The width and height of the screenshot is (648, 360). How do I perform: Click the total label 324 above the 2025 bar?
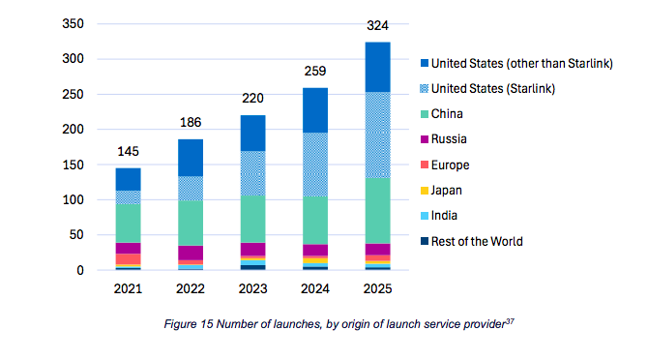click(x=377, y=25)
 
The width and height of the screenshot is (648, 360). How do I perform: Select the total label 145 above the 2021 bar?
click(x=128, y=151)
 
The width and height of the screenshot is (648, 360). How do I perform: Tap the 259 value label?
click(x=315, y=71)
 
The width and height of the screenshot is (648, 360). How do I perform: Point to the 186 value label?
click(x=191, y=122)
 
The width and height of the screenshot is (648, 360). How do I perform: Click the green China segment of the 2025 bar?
click(x=378, y=211)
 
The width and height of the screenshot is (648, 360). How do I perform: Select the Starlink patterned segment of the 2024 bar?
click(x=315, y=165)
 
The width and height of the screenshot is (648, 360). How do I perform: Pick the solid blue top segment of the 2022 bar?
click(x=191, y=158)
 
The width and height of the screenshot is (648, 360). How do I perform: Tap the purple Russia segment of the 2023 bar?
click(x=253, y=250)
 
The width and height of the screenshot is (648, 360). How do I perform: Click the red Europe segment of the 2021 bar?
click(x=128, y=259)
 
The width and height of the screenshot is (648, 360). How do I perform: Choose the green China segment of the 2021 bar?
click(x=128, y=224)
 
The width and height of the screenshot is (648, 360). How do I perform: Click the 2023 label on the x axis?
click(x=253, y=288)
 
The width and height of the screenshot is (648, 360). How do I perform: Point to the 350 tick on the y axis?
click(x=74, y=23)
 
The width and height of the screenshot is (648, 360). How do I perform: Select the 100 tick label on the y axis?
click(x=74, y=199)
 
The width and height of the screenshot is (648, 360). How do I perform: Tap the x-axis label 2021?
click(x=128, y=288)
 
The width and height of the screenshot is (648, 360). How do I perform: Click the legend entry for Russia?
click(x=443, y=139)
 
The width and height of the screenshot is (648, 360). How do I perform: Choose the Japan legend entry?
click(x=441, y=191)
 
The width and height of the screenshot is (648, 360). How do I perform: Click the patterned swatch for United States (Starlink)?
click(x=425, y=89)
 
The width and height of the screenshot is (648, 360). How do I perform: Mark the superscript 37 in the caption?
click(x=510, y=320)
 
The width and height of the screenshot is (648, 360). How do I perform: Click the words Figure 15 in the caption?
click(x=189, y=324)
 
